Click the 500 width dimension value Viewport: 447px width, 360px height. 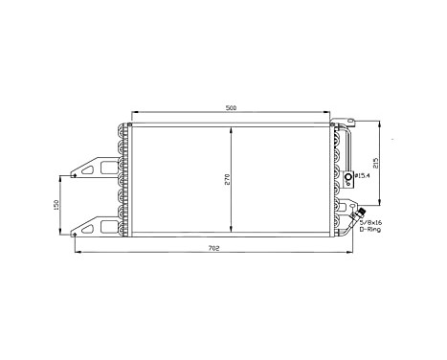(x=232, y=108)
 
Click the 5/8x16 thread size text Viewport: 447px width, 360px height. (x=370, y=221)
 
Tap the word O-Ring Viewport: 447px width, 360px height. (x=369, y=230)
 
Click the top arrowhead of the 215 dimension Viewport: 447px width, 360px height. (x=380, y=124)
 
